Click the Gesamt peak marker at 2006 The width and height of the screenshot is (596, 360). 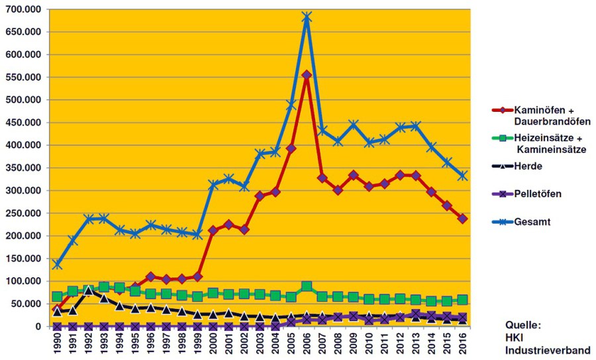point(307,17)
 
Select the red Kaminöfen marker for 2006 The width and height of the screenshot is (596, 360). point(307,75)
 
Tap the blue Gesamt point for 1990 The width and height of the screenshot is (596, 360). point(57,264)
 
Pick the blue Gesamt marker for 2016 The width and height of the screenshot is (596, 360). point(463,175)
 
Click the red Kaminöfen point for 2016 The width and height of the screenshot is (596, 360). point(463,218)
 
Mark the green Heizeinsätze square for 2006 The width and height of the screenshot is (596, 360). point(307,287)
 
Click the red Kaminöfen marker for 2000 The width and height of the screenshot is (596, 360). point(213,230)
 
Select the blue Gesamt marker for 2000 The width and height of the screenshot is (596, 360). point(213,185)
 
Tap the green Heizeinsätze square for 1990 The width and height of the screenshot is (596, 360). point(57,297)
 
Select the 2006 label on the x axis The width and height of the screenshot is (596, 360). point(307,344)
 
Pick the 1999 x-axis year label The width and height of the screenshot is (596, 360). point(197,344)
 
